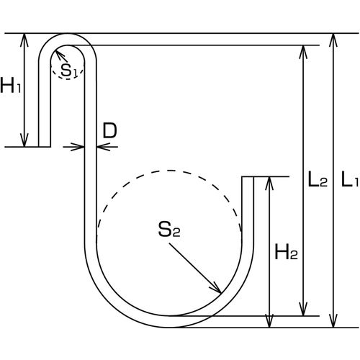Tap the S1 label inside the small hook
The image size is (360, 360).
[x=70, y=70]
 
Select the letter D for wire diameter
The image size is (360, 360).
[x=109, y=130]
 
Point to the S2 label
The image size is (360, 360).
[x=168, y=230]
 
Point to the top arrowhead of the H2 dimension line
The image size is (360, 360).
[x=271, y=182]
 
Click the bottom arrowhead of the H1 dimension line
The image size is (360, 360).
[x=27, y=140]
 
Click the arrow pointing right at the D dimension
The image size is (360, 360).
[x=80, y=146]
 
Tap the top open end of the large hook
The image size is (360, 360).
[x=249, y=177]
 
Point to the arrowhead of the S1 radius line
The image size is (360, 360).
[x=59, y=55]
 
